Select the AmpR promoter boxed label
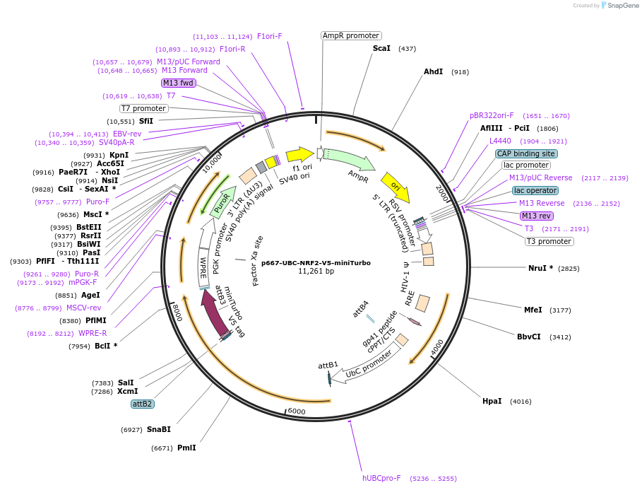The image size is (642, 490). (x=350, y=35)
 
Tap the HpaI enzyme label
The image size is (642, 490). (x=492, y=401)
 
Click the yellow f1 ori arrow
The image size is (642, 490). (x=299, y=154)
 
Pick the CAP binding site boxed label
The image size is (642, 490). (x=525, y=153)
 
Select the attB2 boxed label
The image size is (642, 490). (x=142, y=404)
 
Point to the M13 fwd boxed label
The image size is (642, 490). (x=179, y=83)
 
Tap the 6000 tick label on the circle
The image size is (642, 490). (x=296, y=412)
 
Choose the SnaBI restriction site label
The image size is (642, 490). (x=159, y=429)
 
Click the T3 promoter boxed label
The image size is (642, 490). (x=549, y=241)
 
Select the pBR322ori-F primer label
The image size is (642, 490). (x=492, y=115)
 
